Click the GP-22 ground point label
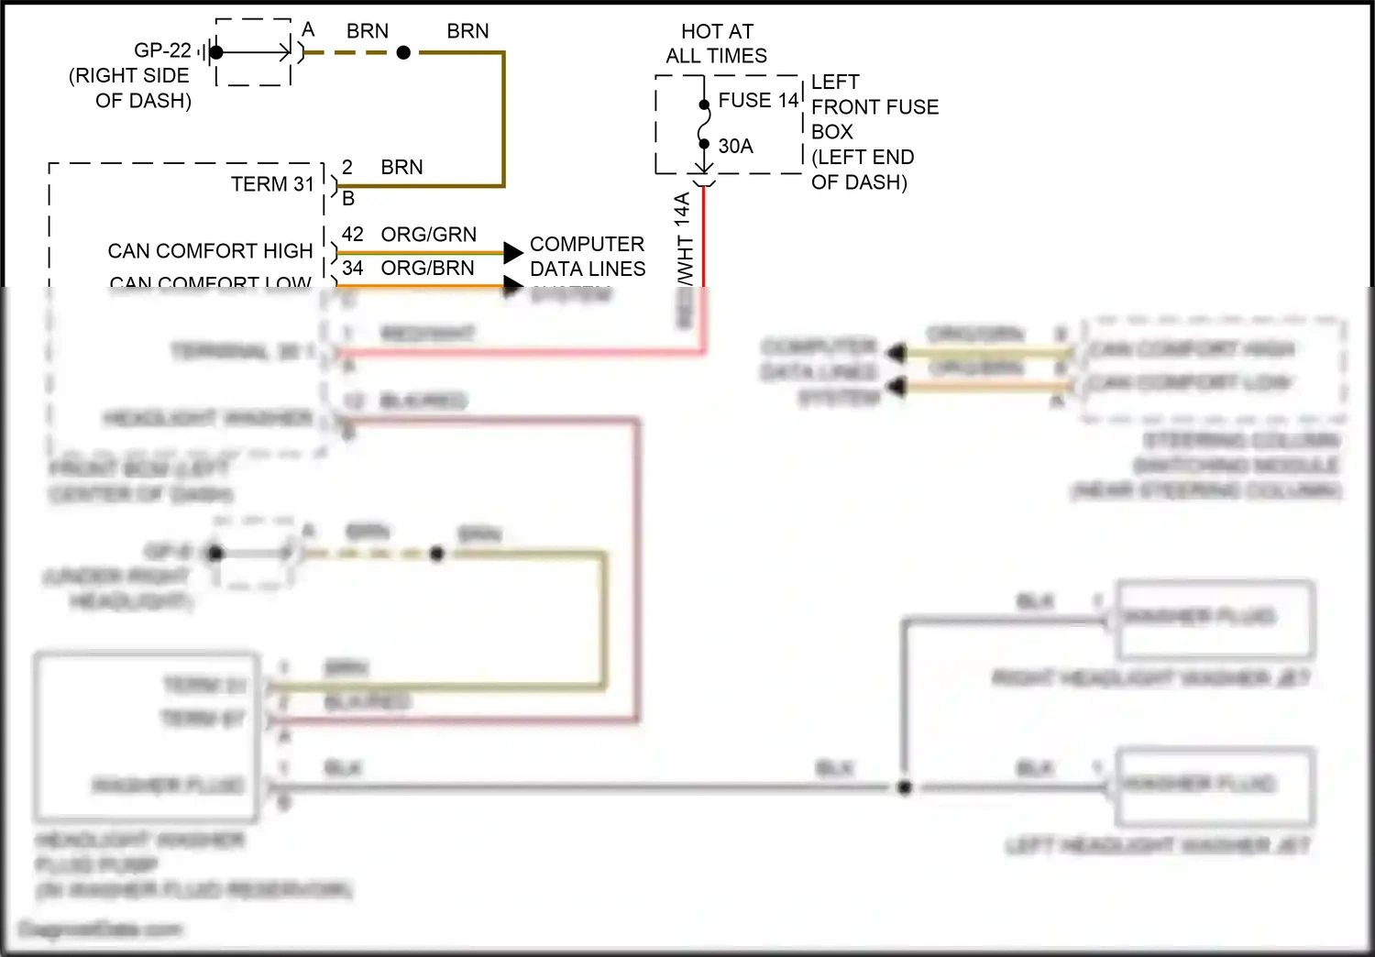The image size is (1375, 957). coord(162,50)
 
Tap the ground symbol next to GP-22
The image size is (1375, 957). coord(205,52)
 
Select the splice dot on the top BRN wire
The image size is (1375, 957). coord(403,53)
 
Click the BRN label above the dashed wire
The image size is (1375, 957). coord(368,31)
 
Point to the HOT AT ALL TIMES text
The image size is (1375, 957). coord(717,43)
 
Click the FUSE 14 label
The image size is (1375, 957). coord(758,100)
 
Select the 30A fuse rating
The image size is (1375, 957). coord(735,146)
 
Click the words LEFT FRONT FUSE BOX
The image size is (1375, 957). coord(874,107)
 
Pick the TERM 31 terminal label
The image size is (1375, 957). coord(272,184)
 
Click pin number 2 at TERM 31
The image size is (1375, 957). coord(347,167)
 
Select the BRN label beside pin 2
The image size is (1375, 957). coord(401,167)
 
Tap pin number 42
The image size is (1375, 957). coord(352,235)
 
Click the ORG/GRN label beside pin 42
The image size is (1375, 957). coord(428,235)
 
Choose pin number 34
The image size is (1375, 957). coord(352,268)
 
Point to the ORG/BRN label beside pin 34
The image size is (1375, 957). coord(427,268)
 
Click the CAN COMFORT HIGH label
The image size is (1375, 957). coord(210,251)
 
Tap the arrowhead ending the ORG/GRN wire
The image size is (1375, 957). coord(513,252)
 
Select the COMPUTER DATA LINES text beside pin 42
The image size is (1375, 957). coord(587,257)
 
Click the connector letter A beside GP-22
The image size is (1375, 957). coord(308,29)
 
